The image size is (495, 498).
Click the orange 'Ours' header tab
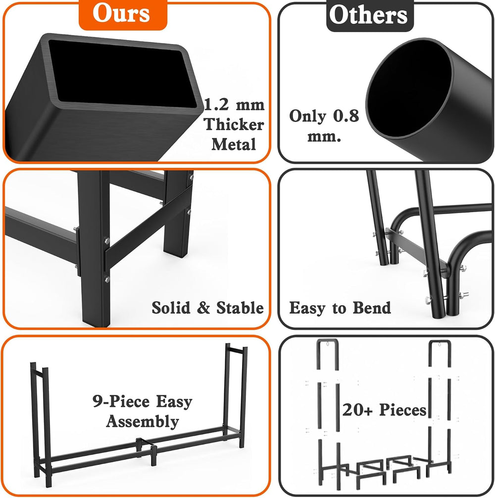[123, 14]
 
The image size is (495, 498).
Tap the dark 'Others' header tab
[370, 15]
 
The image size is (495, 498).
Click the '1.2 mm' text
[234, 105]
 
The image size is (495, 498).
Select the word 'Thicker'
[234, 124]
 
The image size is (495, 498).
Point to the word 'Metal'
[234, 144]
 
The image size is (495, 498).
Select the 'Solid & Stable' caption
[207, 308]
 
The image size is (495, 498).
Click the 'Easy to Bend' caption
[340, 308]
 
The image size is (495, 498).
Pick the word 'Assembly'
[143, 422]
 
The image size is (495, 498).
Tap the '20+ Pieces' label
[384, 409]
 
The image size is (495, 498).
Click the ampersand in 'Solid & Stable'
[203, 308]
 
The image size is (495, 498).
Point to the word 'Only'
[308, 116]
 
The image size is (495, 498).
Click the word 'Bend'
[372, 308]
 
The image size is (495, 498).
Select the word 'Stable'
[240, 308]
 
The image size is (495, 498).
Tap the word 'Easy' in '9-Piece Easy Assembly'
[174, 402]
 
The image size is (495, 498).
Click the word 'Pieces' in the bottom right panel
[403, 409]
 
